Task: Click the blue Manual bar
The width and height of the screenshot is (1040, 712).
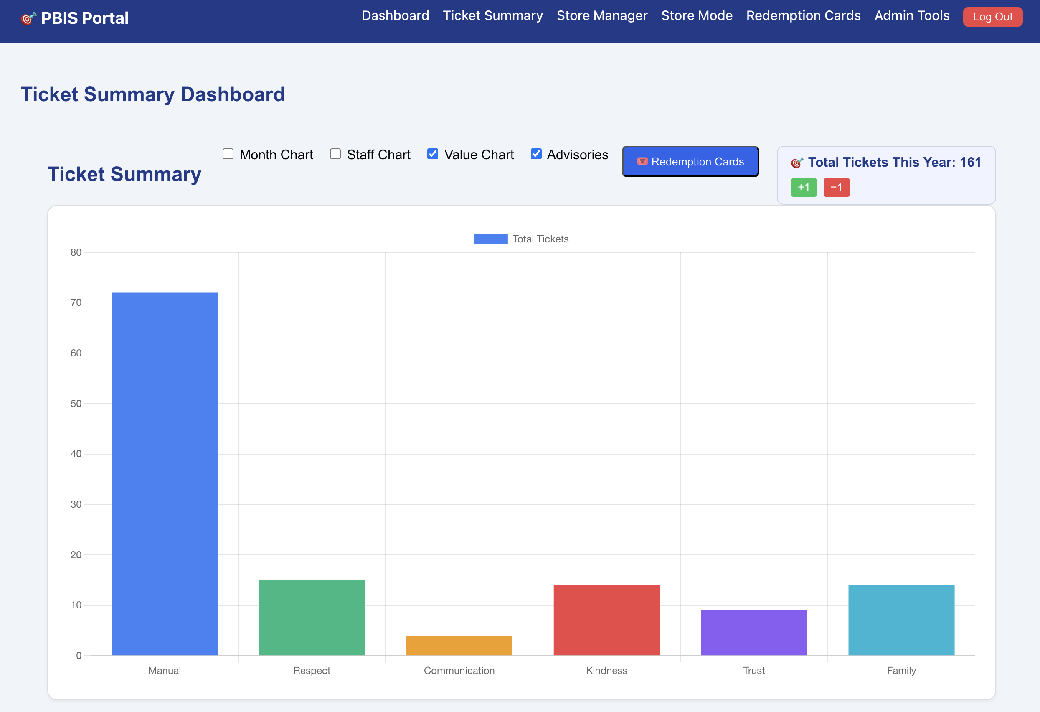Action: click(x=164, y=474)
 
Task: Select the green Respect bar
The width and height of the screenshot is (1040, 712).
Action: click(x=312, y=618)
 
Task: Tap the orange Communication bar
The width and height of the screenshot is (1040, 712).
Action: click(x=459, y=645)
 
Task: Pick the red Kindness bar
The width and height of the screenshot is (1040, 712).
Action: click(x=606, y=620)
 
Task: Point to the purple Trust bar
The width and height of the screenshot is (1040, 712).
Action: click(x=754, y=633)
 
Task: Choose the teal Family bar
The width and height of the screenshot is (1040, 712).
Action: click(x=901, y=620)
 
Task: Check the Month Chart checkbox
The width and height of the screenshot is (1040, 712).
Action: click(x=228, y=154)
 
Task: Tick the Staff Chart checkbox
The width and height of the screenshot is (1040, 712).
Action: click(x=335, y=154)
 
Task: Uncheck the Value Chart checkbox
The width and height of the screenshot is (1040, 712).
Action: click(x=433, y=154)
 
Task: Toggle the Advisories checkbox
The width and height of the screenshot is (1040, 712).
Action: click(x=536, y=154)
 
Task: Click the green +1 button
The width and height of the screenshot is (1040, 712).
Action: click(x=804, y=187)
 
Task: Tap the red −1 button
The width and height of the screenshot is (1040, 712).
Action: click(x=836, y=187)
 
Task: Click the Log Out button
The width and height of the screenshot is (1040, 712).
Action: click(x=992, y=17)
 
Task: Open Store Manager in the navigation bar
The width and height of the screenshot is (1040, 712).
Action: click(x=602, y=16)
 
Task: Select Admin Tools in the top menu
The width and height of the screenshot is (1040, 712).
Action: click(x=911, y=16)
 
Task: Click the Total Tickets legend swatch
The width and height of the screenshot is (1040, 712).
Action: click(x=491, y=239)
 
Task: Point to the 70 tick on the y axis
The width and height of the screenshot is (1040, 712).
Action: click(x=76, y=303)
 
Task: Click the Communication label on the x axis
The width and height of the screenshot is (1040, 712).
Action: click(x=459, y=670)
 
